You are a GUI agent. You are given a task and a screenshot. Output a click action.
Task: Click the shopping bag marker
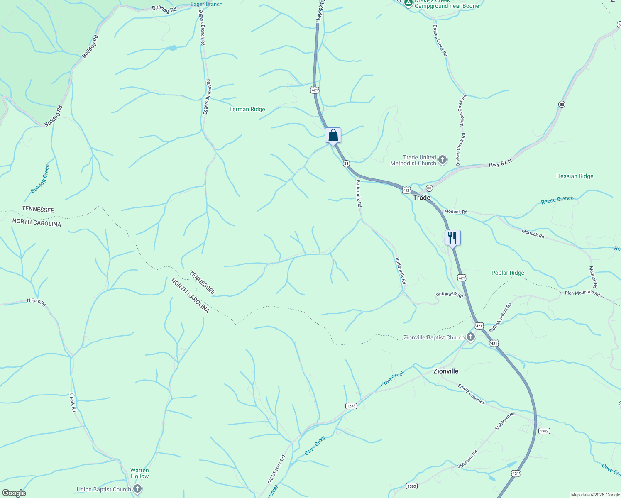click(333, 135)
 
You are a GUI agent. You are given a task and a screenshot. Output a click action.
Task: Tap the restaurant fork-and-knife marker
click(452, 238)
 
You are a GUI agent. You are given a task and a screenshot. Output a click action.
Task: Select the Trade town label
click(421, 198)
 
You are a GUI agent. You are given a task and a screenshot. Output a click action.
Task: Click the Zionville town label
click(446, 371)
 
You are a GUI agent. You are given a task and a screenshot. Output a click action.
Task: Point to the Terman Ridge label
click(247, 110)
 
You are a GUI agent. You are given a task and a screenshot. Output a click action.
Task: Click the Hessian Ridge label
click(575, 176)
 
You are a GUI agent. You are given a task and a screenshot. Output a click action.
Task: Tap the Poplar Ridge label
click(508, 273)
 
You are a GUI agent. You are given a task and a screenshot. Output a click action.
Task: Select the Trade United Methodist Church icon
click(443, 160)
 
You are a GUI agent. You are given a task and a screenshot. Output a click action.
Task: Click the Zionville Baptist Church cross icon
click(471, 337)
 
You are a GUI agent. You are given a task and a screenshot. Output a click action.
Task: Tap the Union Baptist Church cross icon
click(137, 489)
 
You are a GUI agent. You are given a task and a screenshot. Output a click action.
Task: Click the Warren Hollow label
click(139, 473)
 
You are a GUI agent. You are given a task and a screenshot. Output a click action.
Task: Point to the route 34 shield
click(346, 164)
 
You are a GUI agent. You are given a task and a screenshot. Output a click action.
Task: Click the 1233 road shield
click(351, 405)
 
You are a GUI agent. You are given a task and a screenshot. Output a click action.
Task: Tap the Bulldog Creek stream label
click(40, 179)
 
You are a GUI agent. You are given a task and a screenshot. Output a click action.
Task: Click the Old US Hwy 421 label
click(276, 469)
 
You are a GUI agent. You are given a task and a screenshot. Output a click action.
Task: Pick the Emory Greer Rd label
click(471, 394)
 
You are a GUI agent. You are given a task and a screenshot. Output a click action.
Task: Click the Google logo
click(14, 493)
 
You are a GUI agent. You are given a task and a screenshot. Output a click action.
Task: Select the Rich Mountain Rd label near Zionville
click(500, 317)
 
